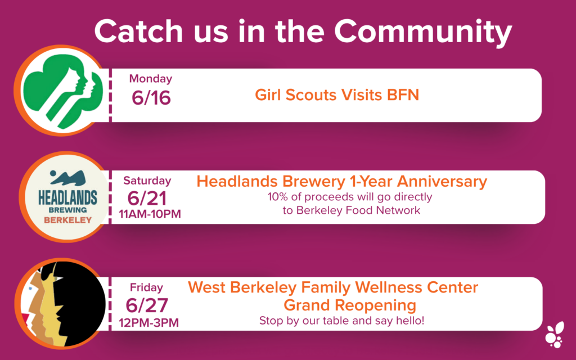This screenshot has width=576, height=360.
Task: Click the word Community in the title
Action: pos(423,32)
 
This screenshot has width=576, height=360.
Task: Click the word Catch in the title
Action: pos(138,31)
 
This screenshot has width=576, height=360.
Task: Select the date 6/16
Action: pos(151,98)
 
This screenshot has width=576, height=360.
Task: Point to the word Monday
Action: pos(151,79)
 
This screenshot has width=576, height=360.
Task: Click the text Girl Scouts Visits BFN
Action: pos(337,94)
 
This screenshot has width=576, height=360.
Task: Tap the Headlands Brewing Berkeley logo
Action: pos(67,197)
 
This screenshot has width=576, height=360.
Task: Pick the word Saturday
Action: pos(147,181)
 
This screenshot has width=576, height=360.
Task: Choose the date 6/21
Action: pos(147,199)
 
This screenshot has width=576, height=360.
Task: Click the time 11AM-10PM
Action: pos(150,214)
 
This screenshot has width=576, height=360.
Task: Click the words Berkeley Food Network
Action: pos(358,210)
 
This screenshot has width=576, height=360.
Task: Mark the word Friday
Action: pos(146,287)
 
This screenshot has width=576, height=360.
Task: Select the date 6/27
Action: pos(147,305)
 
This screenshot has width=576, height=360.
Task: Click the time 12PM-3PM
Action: pos(148,323)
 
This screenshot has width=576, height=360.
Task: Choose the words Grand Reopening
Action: pos(350,305)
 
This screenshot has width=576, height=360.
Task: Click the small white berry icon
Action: pos(555,335)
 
